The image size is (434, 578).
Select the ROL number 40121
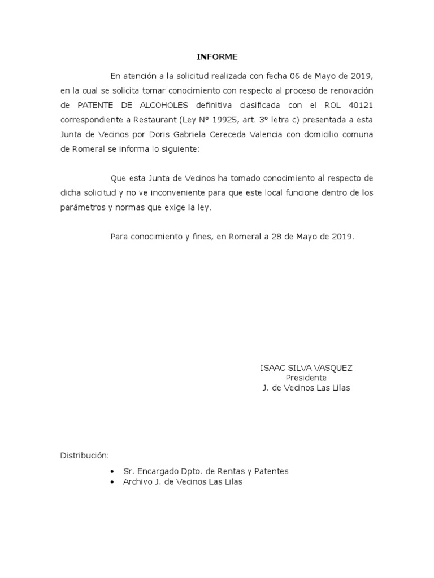pyautogui.click(x=360, y=105)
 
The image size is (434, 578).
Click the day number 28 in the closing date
pyautogui.click(x=275, y=237)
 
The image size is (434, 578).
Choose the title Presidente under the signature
pyautogui.click(x=306, y=378)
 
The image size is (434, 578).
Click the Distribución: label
pyautogui.click(x=85, y=456)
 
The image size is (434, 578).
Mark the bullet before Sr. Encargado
pyautogui.click(x=113, y=471)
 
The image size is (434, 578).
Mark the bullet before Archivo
pyautogui.click(x=113, y=482)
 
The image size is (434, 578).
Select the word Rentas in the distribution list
pyautogui.click(x=224, y=471)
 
